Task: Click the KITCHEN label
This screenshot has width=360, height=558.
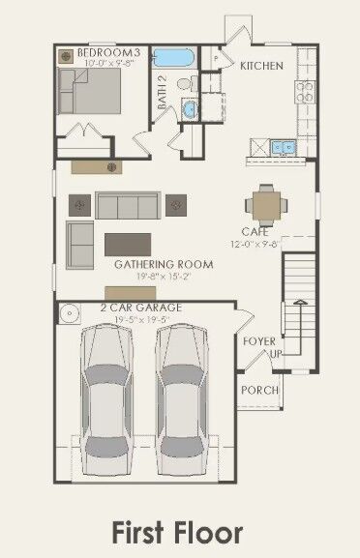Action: pos(261,66)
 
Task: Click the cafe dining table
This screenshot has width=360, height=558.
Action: pos(265,204)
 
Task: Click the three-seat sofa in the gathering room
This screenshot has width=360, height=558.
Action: pos(127,205)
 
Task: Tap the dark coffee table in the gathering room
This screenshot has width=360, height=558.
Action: pos(128,241)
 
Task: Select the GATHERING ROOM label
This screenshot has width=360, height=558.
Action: pos(149,264)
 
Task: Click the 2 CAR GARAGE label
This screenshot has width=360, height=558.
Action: pos(140,308)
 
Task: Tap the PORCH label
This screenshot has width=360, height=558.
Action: pos(259,390)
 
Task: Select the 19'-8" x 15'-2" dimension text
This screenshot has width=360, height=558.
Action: pos(150,276)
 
